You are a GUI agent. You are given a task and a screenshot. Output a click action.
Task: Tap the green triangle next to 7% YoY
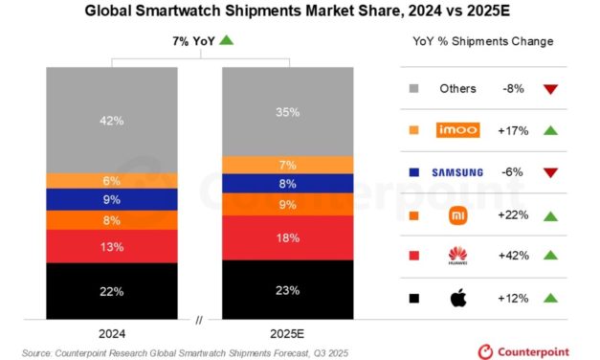click(x=227, y=40)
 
